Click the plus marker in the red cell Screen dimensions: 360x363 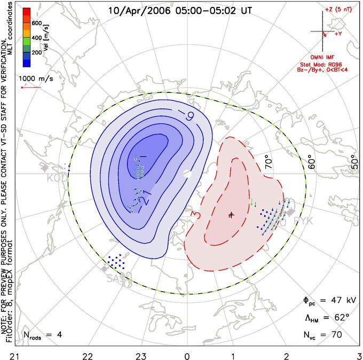[231, 215]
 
